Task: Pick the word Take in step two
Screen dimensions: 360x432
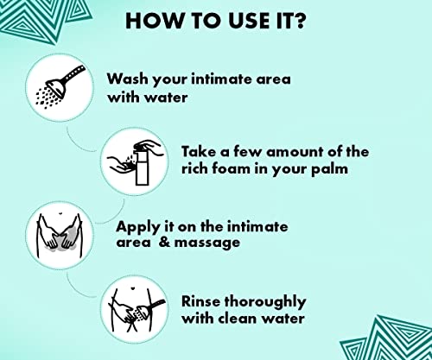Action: pos(200,151)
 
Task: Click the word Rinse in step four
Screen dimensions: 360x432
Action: pos(203,301)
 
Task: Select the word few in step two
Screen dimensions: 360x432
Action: pos(235,151)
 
